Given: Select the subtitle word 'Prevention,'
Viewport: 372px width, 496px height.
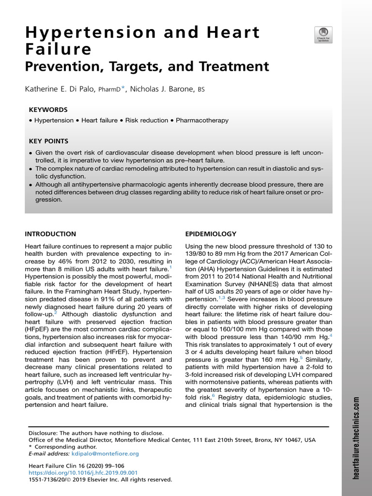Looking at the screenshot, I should click(65, 66).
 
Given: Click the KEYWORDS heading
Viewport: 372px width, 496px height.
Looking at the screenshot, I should click(48, 109).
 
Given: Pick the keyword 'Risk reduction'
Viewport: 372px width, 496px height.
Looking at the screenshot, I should click(146, 120).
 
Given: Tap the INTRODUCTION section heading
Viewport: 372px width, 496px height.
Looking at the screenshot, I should click(50, 233).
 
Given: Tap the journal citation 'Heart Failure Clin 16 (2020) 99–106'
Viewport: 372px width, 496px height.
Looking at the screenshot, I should click(77, 466).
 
